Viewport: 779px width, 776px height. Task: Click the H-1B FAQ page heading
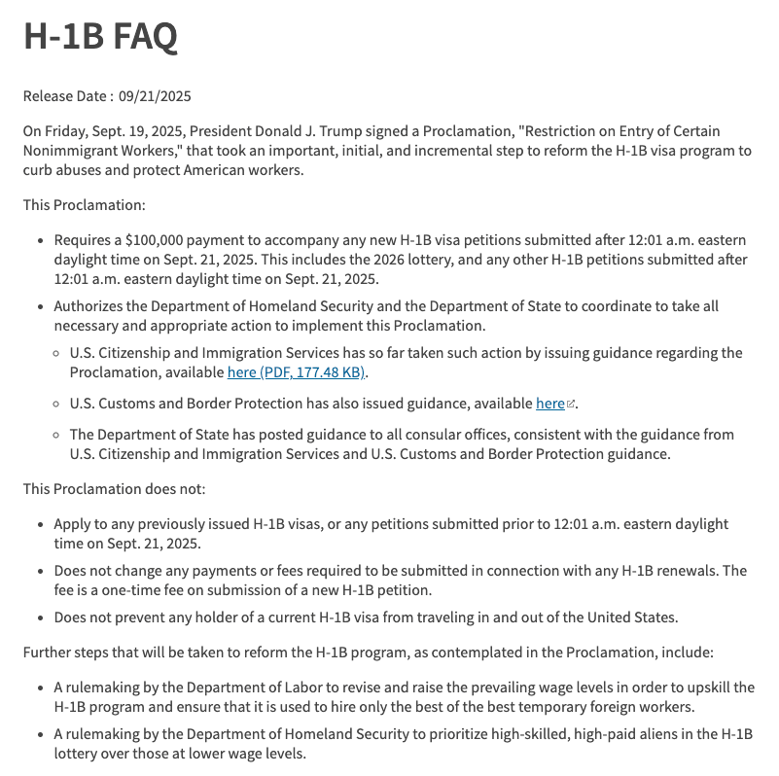100,37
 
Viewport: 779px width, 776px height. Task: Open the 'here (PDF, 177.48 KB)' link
297,372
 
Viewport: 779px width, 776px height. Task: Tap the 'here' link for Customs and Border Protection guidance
549,404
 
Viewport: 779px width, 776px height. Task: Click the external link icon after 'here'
571,405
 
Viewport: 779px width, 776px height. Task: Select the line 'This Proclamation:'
85,205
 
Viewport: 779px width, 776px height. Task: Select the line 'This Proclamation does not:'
114,488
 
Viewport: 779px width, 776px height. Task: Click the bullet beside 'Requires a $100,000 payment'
39,240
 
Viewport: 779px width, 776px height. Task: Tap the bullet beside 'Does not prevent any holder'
39,617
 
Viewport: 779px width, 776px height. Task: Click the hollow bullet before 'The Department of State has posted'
56,435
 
